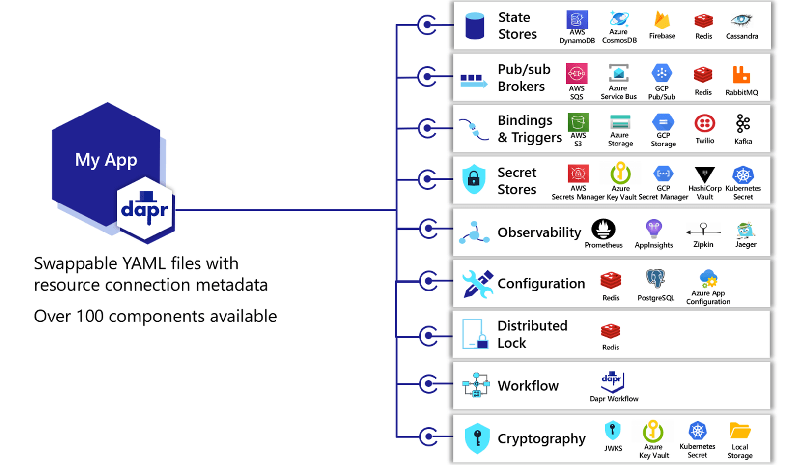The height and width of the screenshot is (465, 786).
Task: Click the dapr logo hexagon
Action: coord(145,210)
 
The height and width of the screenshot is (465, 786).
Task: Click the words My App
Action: coord(106,160)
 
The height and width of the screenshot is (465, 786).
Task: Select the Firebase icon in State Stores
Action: coord(662,21)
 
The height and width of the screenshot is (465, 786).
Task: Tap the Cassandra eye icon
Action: coord(741,20)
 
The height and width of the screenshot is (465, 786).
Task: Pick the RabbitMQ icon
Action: coord(741,75)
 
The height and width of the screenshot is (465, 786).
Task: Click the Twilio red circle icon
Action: coord(704,123)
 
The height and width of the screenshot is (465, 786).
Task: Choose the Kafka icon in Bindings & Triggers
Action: coord(743,124)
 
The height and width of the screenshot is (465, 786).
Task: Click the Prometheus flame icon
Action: coord(603,229)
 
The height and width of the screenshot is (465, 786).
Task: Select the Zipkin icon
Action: coord(703,230)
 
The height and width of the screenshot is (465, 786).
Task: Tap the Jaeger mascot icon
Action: coord(745,230)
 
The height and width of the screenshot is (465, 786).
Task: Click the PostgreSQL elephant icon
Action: coord(655,279)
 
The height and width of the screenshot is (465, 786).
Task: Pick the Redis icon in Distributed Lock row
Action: coord(611,331)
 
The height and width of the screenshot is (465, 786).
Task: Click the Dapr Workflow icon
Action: coord(613,381)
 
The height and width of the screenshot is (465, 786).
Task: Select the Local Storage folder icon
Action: coord(739,431)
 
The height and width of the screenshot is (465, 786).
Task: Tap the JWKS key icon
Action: coord(613,431)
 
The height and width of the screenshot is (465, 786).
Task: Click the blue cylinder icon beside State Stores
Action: coord(475,26)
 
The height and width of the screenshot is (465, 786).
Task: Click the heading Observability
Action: coord(539,232)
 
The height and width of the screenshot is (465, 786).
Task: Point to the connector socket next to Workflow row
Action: coord(428,384)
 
